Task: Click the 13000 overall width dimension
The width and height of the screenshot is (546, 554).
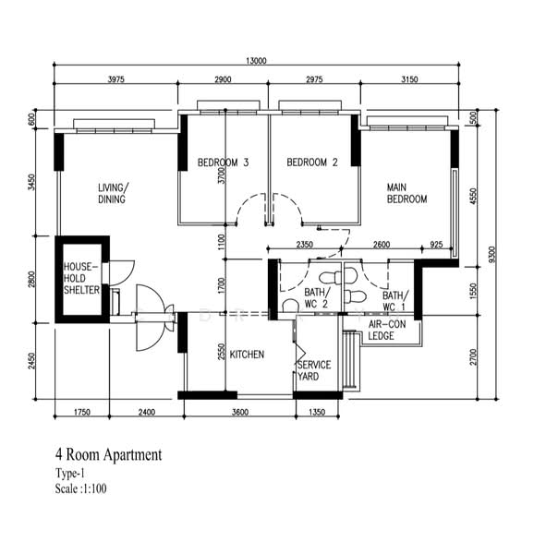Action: pos(256,61)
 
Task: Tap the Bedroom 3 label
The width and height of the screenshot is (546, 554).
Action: pos(224,163)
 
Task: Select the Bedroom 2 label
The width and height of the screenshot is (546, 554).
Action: pos(312,163)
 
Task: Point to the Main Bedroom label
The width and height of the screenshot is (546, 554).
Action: pos(406,193)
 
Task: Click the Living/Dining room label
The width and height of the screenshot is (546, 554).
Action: pos(113,193)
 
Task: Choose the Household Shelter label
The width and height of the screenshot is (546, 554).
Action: pos(81,278)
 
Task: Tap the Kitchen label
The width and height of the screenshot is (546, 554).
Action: pos(247,355)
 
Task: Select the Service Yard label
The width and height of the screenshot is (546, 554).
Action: pos(314,370)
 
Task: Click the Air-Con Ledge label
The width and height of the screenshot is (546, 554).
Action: pos(387,330)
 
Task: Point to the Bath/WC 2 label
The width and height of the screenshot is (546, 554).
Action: pos(317,298)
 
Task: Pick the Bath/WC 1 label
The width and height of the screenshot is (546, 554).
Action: pos(395,301)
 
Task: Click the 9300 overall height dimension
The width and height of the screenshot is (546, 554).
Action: pos(491,255)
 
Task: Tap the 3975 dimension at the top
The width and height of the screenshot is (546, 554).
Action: pos(116,79)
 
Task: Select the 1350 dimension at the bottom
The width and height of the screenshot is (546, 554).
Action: pos(317,412)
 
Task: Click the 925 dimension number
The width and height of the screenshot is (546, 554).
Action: pos(436,245)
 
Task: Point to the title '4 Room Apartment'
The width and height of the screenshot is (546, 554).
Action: pos(108,454)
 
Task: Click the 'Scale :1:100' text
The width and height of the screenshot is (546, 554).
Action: pos(80,488)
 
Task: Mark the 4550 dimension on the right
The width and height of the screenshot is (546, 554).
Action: pos(474,196)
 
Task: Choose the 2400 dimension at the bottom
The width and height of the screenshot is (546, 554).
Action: pos(146,412)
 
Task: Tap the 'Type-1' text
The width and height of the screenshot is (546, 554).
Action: pos(70,473)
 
